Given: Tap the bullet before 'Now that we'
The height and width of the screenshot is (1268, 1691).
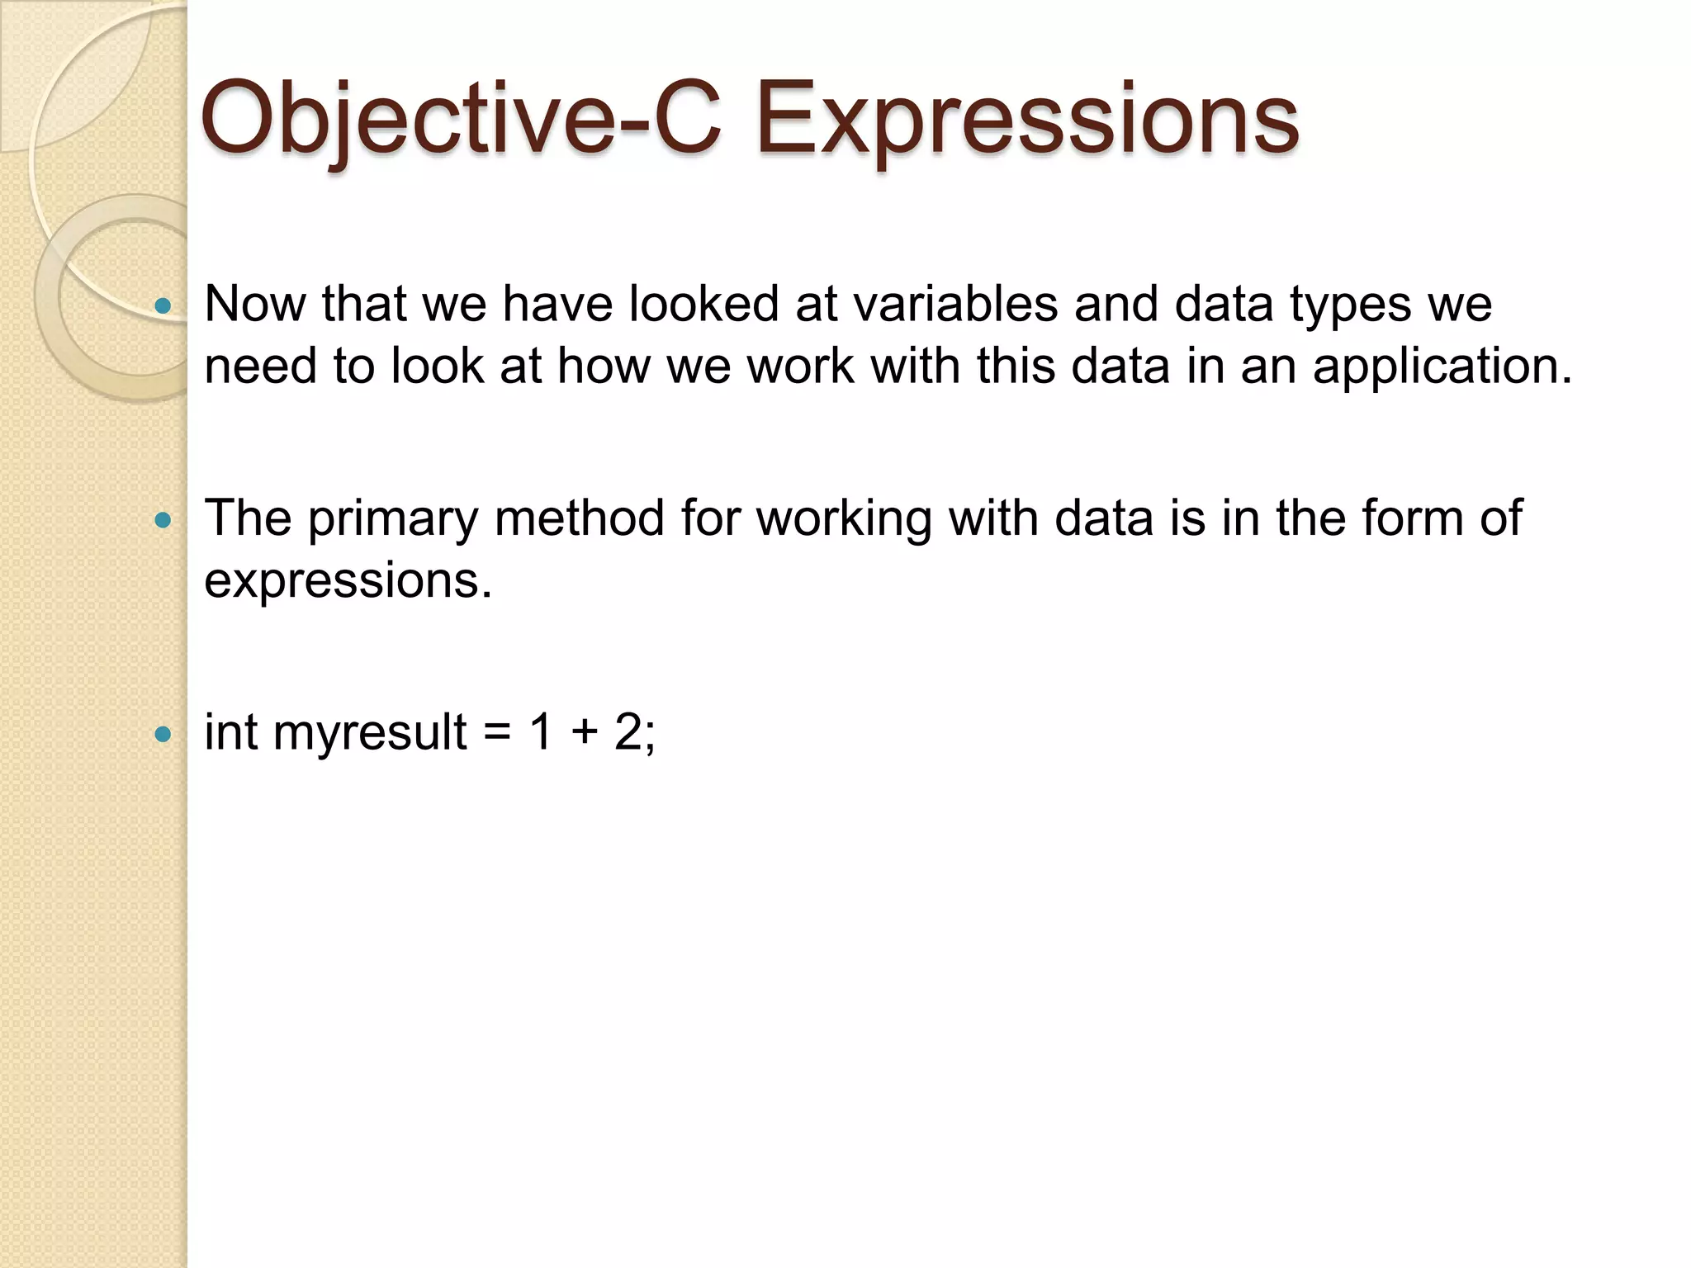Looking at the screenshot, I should (163, 307).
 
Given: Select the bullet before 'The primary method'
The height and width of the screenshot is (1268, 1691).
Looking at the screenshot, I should (163, 520).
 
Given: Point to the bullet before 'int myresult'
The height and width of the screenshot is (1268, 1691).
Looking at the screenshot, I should (163, 733).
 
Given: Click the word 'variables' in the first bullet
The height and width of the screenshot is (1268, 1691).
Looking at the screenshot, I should (954, 304).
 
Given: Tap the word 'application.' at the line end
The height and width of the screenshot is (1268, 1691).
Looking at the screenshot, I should (1442, 367).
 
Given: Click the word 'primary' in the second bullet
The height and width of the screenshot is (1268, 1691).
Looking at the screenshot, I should (393, 520).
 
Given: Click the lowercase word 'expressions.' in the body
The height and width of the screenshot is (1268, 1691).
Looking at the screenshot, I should (348, 582).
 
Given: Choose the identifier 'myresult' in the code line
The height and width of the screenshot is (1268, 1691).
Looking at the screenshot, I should (370, 733).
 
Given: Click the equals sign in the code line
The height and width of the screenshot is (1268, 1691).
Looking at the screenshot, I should (497, 733).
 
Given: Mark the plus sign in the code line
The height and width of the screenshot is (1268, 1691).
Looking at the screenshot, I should (585, 733).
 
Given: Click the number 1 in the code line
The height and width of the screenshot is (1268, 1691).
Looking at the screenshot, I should (542, 731).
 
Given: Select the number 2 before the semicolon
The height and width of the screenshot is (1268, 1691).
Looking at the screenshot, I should (628, 731).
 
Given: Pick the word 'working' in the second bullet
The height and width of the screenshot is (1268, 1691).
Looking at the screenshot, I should (844, 520).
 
